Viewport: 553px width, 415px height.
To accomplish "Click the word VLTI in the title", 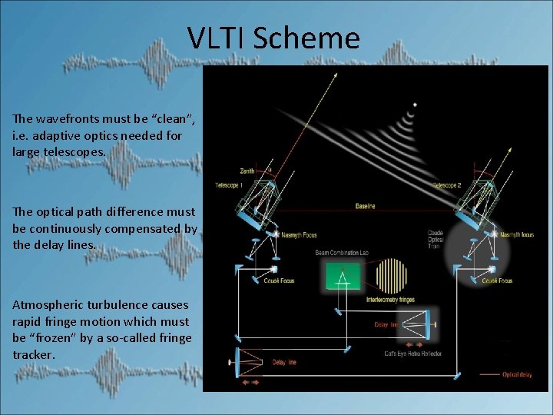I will click(217, 38).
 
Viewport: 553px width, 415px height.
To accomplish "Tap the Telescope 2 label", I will click(447, 185).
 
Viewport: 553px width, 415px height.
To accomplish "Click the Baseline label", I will click(365, 206).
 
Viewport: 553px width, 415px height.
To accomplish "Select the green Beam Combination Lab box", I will click(343, 276).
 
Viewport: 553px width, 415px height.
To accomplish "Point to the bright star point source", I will click(415, 105).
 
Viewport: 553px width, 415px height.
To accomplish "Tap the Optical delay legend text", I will click(515, 374).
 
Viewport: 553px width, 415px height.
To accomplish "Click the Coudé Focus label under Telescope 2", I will click(497, 281).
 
